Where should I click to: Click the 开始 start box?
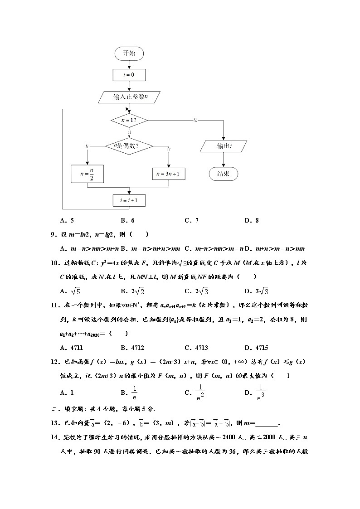[x=129, y=53]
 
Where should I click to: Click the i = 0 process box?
[x=129, y=74]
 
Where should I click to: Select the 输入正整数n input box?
[x=129, y=97]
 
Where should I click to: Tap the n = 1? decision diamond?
[x=129, y=121]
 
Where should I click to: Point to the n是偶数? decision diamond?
[x=129, y=146]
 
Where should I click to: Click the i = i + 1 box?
[x=129, y=200]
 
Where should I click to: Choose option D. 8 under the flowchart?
[x=251, y=221]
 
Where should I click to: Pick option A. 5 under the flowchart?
[x=67, y=221]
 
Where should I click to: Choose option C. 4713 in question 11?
[x=196, y=348]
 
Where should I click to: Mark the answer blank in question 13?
[x=267, y=423]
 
